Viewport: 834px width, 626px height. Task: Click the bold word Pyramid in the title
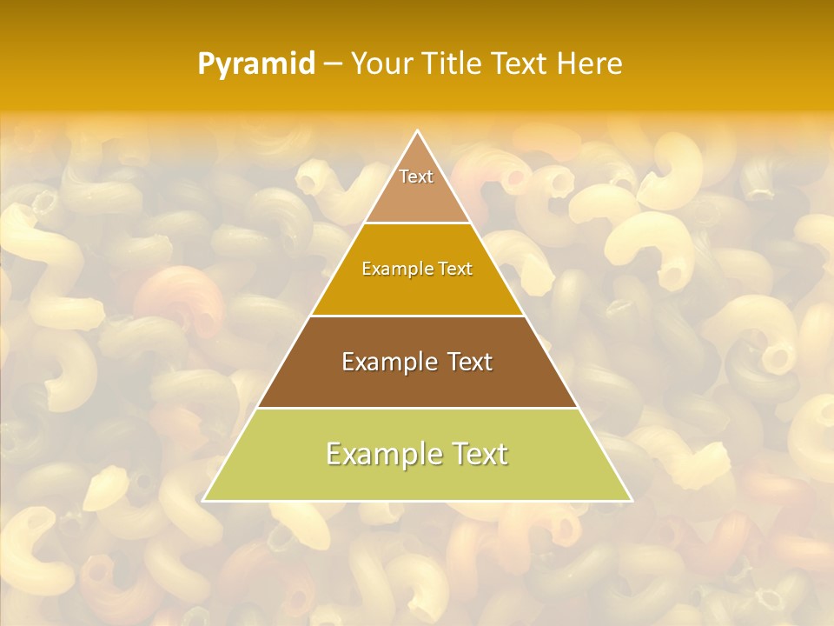pyautogui.click(x=256, y=64)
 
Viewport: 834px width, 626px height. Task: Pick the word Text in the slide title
pyautogui.click(x=522, y=63)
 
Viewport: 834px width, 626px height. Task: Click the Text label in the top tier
pyautogui.click(x=416, y=176)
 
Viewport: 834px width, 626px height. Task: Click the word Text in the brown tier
pyautogui.click(x=470, y=362)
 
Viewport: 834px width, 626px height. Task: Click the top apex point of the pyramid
pyautogui.click(x=418, y=131)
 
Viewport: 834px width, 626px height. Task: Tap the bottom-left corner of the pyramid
pyautogui.click(x=203, y=501)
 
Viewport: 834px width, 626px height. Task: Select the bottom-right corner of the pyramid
pyautogui.click(x=632, y=501)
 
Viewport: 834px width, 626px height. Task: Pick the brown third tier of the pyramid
pyautogui.click(x=417, y=388)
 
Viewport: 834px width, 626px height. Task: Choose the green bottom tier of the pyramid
pyautogui.click(x=417, y=481)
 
